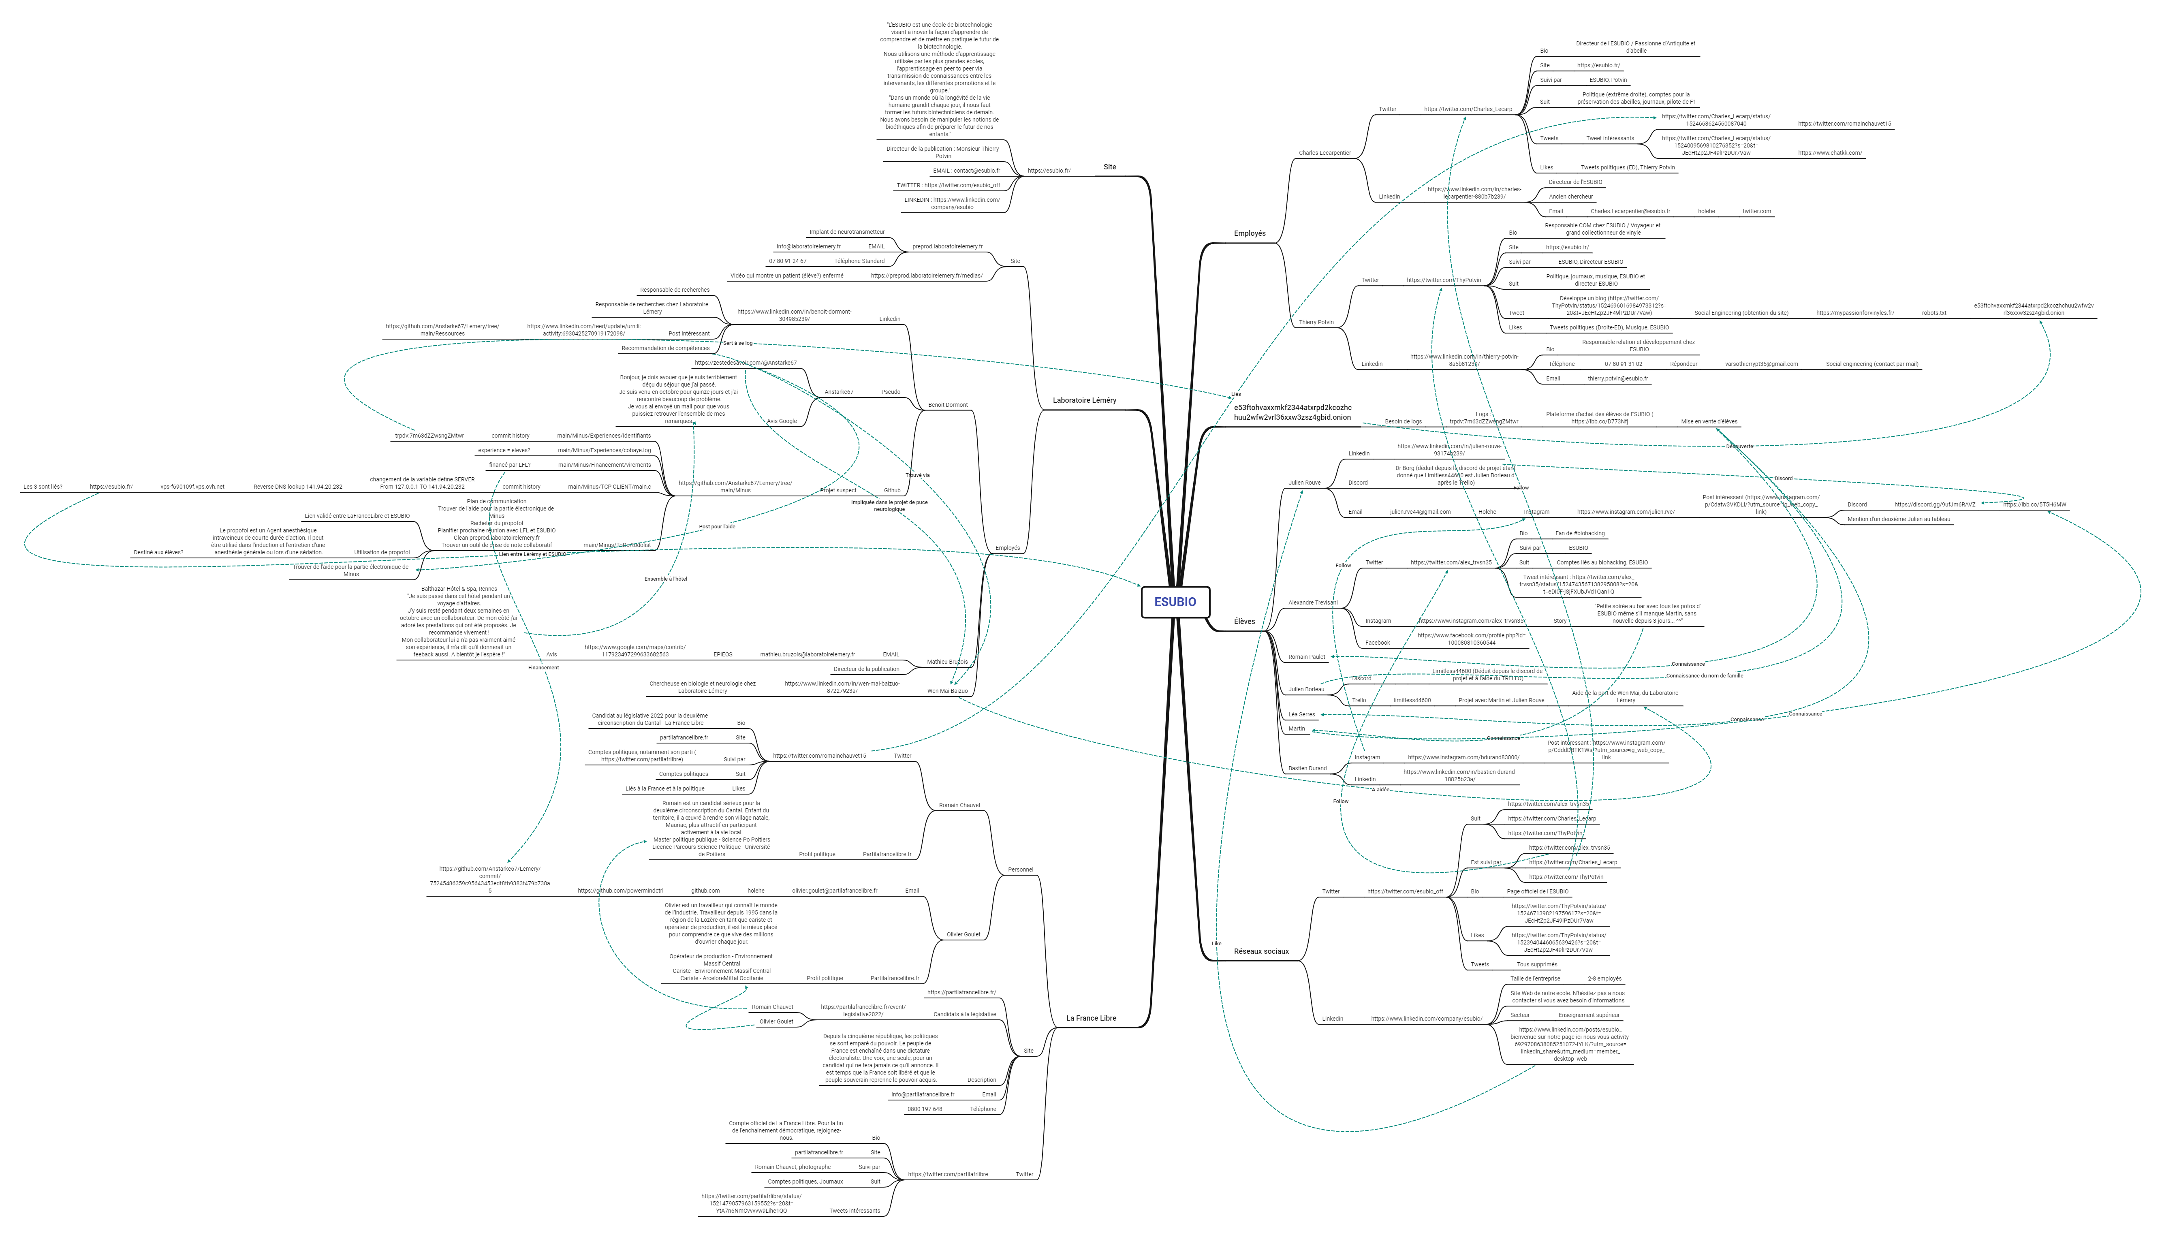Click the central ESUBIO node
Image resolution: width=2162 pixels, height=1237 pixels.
click(1175, 602)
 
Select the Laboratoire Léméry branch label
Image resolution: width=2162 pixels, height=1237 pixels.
click(1084, 400)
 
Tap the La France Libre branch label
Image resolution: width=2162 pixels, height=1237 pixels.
click(1091, 1018)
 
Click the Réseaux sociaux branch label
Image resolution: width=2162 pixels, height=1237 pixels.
click(1260, 951)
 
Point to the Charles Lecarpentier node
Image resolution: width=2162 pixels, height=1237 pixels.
click(1325, 153)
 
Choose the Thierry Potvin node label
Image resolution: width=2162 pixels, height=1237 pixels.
click(1316, 322)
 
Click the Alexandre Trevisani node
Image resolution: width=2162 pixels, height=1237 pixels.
click(1312, 602)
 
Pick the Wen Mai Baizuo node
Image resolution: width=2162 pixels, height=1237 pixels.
click(947, 691)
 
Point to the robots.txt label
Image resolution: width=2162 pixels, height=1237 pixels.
click(1933, 313)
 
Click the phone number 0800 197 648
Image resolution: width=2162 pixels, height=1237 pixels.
click(924, 1109)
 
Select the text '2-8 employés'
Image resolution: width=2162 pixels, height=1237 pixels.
click(1604, 979)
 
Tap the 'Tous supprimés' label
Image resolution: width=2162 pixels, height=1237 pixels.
click(1537, 964)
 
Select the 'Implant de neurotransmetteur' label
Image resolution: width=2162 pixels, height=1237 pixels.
click(846, 232)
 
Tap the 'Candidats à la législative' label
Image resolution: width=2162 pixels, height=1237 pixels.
click(964, 1015)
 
